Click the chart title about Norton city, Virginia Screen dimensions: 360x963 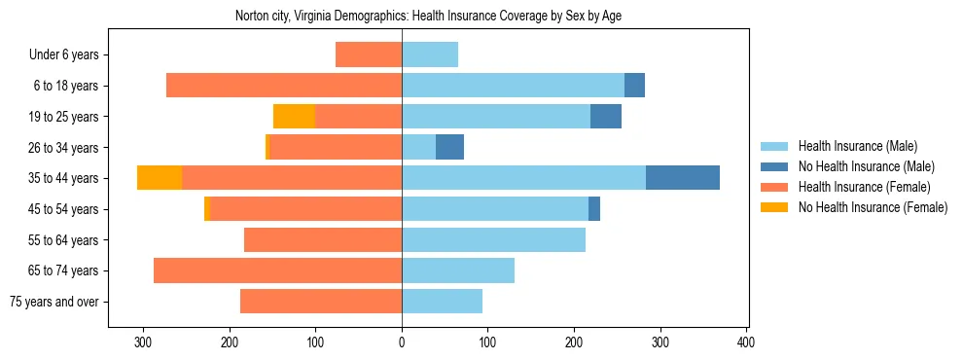tap(428, 16)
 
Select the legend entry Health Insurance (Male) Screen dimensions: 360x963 tap(857, 146)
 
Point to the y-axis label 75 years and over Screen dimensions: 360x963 tap(54, 302)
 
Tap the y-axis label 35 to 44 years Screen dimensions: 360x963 tap(63, 178)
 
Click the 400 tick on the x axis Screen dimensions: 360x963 tap(746, 342)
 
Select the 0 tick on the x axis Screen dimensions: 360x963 tap(402, 342)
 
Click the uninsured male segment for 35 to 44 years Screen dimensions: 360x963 tap(683, 178)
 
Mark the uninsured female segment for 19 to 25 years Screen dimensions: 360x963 tap(294, 117)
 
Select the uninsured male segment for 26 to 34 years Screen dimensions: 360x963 tap(449, 147)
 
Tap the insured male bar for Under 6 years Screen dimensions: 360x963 tap(430, 55)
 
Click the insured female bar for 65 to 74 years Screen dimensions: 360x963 tap(277, 270)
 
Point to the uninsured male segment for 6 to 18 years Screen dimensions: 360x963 tap(634, 86)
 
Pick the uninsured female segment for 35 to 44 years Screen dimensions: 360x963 tap(160, 178)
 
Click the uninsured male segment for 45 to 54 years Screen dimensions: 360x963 tap(594, 209)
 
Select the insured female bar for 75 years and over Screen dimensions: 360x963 tap(321, 302)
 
